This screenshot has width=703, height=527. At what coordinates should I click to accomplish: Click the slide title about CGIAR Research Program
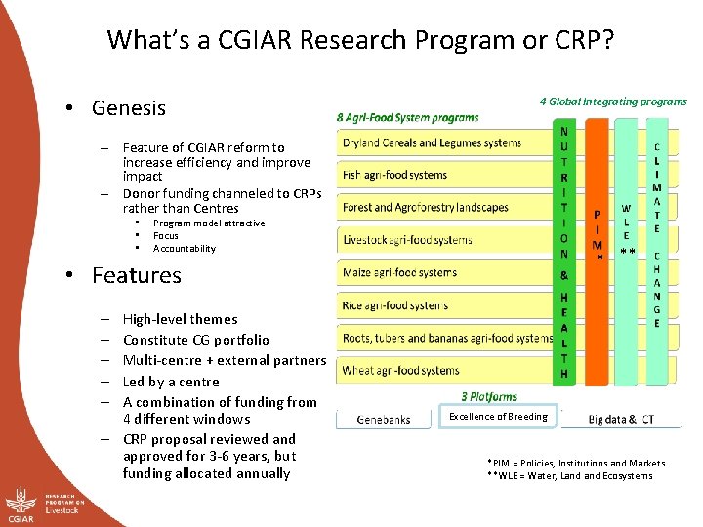pyautogui.click(x=361, y=40)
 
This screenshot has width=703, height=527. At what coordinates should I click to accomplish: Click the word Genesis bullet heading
pyautogui.click(x=128, y=107)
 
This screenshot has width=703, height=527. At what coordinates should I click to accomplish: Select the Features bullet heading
pyautogui.click(x=136, y=275)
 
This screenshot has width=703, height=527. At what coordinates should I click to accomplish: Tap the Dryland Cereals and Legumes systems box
pyautogui.click(x=444, y=142)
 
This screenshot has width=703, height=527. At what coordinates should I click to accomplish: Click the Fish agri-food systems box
pyautogui.click(x=444, y=175)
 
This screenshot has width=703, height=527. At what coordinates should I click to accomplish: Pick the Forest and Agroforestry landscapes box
pyautogui.click(x=444, y=207)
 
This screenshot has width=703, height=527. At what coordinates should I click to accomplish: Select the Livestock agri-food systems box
pyautogui.click(x=444, y=240)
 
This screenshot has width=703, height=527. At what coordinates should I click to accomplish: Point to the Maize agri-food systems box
pyautogui.click(x=444, y=273)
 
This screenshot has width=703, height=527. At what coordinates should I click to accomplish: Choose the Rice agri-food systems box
pyautogui.click(x=444, y=305)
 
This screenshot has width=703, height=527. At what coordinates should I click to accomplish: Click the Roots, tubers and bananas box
pyautogui.click(x=445, y=339)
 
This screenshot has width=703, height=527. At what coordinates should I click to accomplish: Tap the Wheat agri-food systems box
pyautogui.click(x=444, y=371)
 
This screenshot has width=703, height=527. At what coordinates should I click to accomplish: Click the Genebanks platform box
pyautogui.click(x=384, y=420)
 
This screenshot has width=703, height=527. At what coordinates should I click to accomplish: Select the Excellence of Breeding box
pyautogui.click(x=498, y=417)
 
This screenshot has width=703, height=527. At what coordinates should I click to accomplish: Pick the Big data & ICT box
pyautogui.click(x=621, y=420)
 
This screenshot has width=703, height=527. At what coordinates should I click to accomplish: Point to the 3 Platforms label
pyautogui.click(x=489, y=397)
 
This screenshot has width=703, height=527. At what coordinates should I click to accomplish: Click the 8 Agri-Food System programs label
pyautogui.click(x=408, y=118)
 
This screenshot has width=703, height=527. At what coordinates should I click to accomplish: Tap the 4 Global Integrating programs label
pyautogui.click(x=613, y=101)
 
